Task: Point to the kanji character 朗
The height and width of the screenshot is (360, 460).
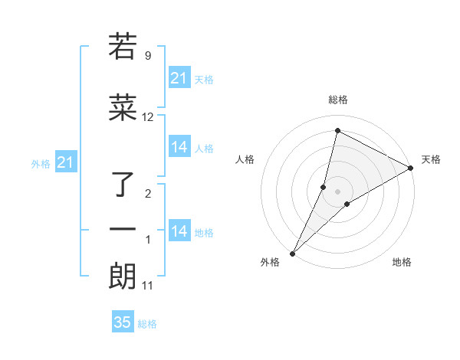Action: pos(123,277)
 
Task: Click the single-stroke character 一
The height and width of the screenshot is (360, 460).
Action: pos(123,230)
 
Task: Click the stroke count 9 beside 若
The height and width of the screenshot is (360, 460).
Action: pos(147,55)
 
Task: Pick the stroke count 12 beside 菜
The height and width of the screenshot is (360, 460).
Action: pos(147,116)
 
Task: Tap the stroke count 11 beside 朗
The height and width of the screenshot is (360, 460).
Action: pos(147,286)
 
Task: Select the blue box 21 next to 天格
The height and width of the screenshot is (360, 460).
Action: pos(179,78)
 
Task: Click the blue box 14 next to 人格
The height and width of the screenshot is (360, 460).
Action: pos(179,147)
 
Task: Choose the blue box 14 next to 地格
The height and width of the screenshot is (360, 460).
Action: pos(179,231)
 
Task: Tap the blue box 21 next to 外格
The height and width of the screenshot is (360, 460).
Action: pos(66,162)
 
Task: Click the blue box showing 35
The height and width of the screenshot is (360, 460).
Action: pos(123,322)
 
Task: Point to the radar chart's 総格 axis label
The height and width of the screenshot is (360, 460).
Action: pos(337,100)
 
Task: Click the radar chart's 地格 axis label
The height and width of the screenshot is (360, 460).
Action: pos(402,262)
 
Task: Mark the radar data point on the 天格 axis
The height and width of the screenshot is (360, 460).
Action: pos(411,169)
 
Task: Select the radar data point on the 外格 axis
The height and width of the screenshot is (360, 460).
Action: pos(292,254)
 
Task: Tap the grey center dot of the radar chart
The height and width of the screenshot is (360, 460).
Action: pos(337,191)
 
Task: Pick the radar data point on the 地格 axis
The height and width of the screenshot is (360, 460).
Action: pos(347,204)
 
